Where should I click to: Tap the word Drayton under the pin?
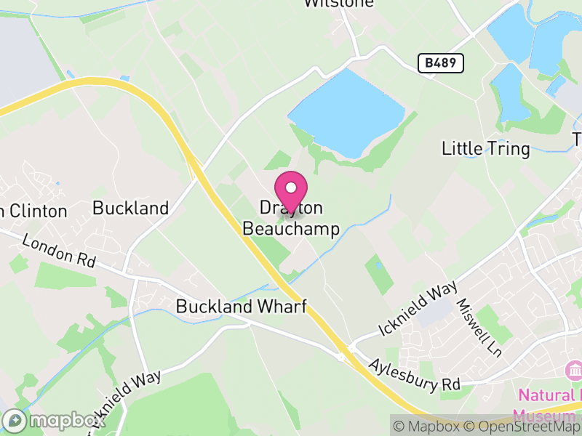pos(291,209)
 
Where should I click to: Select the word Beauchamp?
pos(291,229)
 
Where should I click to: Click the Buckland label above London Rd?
pos(130,209)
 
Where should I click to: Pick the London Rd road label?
pos(59,251)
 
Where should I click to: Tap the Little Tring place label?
pos(486,149)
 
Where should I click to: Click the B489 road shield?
pos(441,63)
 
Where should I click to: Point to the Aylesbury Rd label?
pos(415,373)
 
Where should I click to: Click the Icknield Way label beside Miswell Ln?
pos(417,309)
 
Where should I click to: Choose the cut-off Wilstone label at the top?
pos(338,3)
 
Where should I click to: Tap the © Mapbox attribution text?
pos(428,427)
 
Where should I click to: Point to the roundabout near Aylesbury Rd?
pos(340,357)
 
